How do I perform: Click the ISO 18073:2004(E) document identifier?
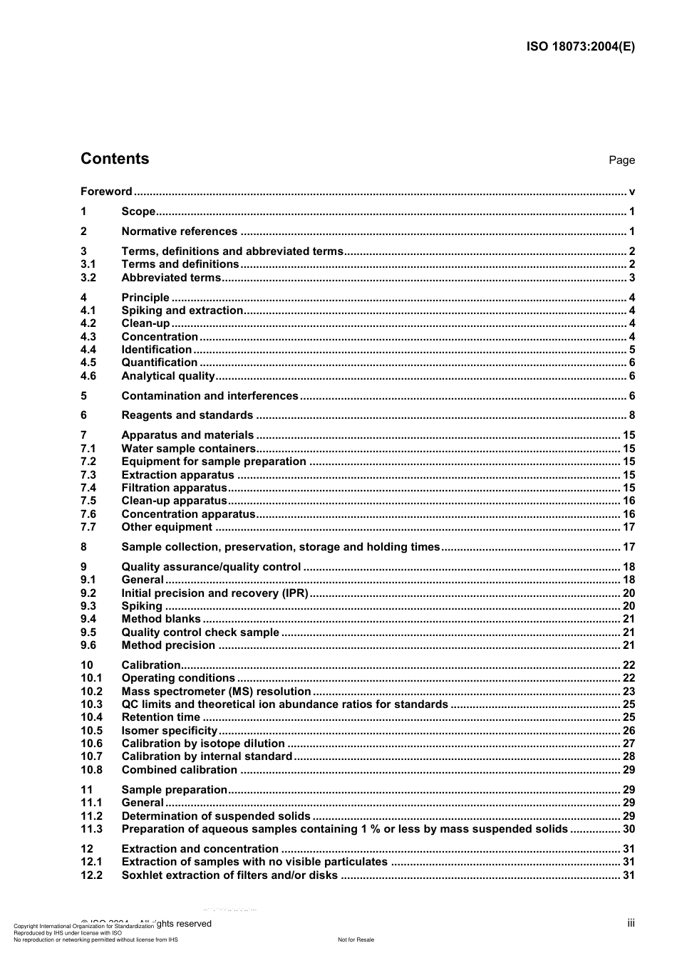pos(580,47)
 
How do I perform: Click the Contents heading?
pos(115,159)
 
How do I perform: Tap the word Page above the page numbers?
pos(621,160)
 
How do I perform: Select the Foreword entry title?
pos(106,191)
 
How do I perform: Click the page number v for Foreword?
pos(631,191)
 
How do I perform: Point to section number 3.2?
pos(88,278)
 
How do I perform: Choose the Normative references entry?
pos(180,231)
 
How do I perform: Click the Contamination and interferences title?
pos(210,396)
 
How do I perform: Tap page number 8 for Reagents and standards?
pos(631,415)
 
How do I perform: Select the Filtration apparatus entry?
pos(174,488)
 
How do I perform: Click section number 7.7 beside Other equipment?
pos(88,527)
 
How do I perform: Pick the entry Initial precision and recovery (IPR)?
pos(215,593)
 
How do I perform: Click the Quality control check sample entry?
pos(200,632)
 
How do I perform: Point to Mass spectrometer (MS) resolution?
pos(216,692)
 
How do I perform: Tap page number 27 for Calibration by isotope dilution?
pos(629,744)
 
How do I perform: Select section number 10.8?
pos(91,770)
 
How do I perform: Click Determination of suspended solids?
pos(216,816)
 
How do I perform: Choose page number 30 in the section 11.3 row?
pos(629,829)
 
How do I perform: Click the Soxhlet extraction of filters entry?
pos(229,875)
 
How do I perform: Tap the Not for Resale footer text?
pos(356,939)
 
